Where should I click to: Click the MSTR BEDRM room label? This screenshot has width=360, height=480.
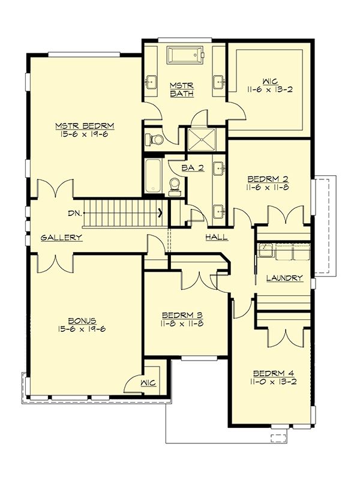(x=85, y=126)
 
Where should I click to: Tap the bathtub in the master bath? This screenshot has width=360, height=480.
(x=185, y=55)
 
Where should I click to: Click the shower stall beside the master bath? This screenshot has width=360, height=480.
(x=202, y=140)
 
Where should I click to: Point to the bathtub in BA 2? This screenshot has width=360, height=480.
(x=153, y=176)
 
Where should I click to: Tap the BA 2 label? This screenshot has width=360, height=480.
(x=193, y=168)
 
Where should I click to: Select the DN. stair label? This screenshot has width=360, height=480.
(x=75, y=214)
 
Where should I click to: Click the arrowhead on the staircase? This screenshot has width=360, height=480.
(x=160, y=212)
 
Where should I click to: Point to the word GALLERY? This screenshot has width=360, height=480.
(x=62, y=237)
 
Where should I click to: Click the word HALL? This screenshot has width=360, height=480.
(x=217, y=236)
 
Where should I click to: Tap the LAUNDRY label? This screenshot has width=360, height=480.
(x=284, y=278)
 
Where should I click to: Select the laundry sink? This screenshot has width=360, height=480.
(x=266, y=250)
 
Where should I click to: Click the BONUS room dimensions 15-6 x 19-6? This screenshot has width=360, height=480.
(x=81, y=329)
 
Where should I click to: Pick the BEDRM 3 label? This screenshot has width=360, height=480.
(x=183, y=316)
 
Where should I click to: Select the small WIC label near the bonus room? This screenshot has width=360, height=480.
(x=148, y=383)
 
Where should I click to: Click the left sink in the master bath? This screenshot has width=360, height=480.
(x=151, y=82)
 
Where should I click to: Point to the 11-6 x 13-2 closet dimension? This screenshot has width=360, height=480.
(x=269, y=89)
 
